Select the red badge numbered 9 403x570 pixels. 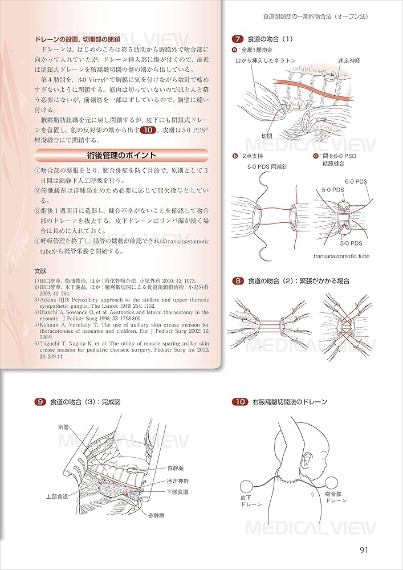coord(40,402)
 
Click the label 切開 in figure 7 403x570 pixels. coord(266,136)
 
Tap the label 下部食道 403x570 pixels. coord(177,492)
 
